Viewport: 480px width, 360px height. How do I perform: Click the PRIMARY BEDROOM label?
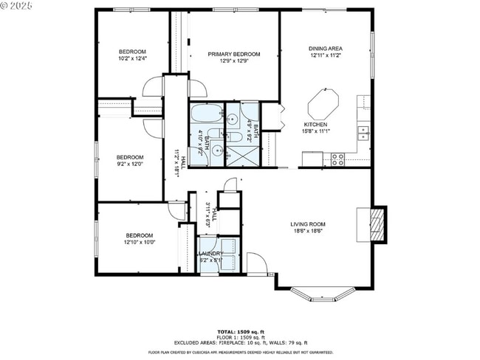coord(233,54)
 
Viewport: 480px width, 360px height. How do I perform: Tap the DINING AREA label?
coord(326,49)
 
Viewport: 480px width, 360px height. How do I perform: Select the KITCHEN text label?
coord(315,125)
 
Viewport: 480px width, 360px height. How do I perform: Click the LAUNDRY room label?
coord(210,253)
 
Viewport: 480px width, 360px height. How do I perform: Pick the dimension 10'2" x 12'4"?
coord(133,58)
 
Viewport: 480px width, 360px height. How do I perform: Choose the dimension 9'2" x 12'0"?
coord(129,164)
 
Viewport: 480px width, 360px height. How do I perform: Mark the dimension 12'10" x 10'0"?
coord(138,241)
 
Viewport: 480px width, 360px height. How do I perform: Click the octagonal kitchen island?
coord(323,103)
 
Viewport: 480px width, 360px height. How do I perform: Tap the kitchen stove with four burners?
coord(337,159)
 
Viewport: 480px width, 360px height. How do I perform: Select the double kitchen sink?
coord(363,133)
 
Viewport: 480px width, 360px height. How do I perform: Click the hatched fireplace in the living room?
coord(376,224)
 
